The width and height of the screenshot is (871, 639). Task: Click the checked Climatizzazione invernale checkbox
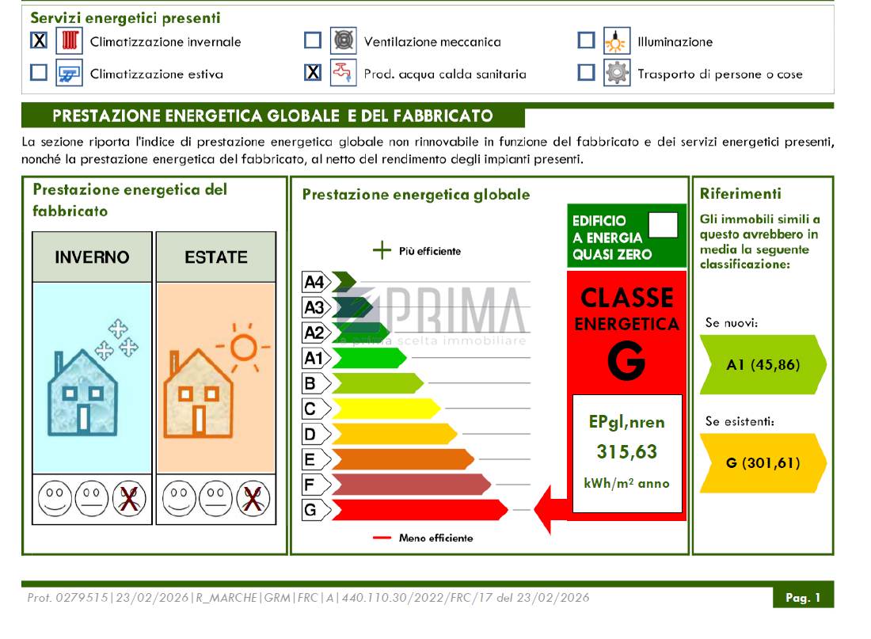click(39, 40)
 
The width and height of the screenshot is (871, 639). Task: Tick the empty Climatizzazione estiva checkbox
click(39, 72)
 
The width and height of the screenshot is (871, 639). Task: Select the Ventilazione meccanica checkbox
click(313, 40)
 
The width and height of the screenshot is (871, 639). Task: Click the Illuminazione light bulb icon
click(617, 40)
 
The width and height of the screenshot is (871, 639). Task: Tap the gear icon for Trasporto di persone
click(617, 73)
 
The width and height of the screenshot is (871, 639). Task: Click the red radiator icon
click(70, 40)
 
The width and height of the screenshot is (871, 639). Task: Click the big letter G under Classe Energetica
click(626, 360)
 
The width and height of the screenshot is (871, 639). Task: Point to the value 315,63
click(626, 452)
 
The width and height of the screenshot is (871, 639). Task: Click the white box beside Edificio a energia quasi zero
click(664, 225)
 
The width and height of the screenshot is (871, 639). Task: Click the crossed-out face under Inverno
click(129, 498)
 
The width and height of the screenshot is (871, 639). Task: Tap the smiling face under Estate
click(179, 498)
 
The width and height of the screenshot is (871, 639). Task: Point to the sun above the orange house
click(243, 348)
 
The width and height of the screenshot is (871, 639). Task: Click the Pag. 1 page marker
click(803, 597)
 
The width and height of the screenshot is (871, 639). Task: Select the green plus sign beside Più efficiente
click(382, 250)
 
